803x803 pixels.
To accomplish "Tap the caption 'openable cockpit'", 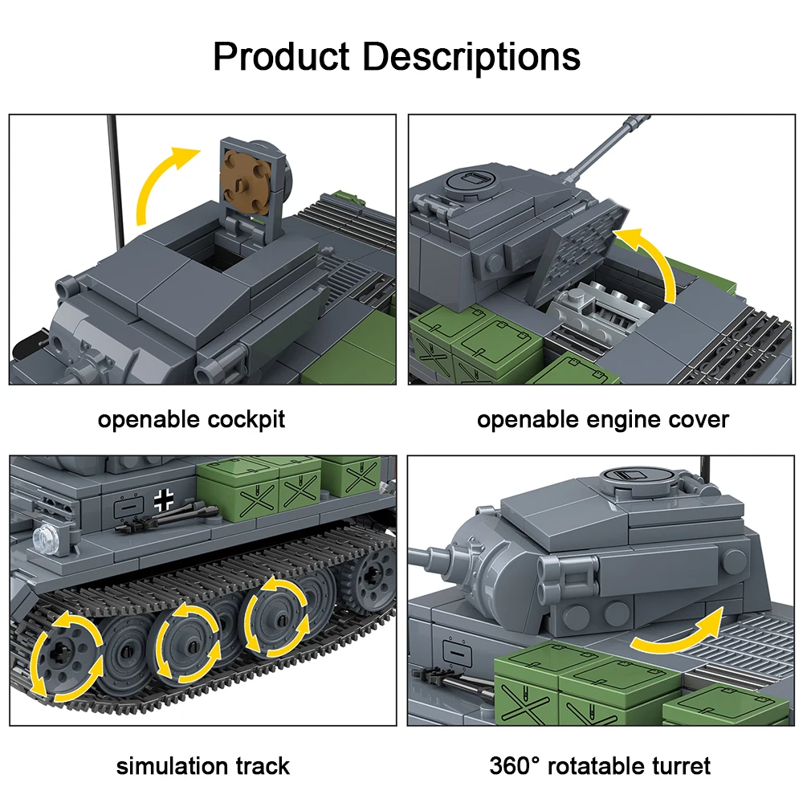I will click(191, 419).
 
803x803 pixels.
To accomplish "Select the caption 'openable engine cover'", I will click(603, 419).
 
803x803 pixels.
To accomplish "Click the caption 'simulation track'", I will click(202, 765).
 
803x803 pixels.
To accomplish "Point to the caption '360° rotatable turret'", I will click(600, 765).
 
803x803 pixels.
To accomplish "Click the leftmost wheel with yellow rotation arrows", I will click(67, 656).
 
